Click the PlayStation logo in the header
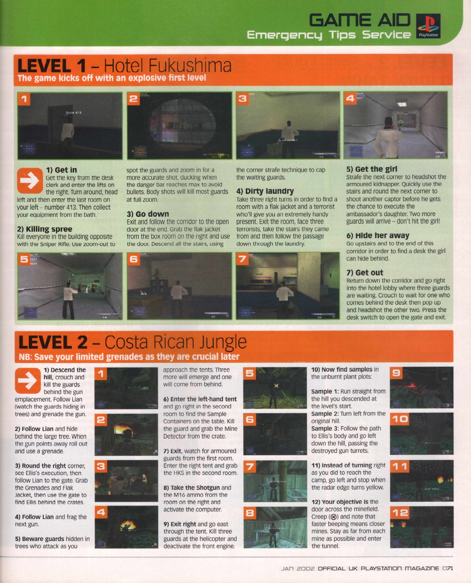(x=428, y=26)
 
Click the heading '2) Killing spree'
(x=45, y=229)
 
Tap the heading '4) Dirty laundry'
(x=265, y=191)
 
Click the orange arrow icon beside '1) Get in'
(x=30, y=181)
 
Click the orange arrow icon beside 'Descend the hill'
(x=28, y=381)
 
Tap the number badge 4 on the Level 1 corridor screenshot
(x=350, y=98)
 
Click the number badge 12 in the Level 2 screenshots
(x=400, y=513)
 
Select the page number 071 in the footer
(x=448, y=569)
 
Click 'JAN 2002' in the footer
(x=298, y=569)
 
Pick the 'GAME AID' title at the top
(x=360, y=20)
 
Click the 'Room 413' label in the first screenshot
(x=73, y=113)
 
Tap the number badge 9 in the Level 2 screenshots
(x=397, y=373)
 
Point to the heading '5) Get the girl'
(x=372, y=169)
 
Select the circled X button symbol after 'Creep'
(x=333, y=517)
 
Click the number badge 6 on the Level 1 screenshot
(x=133, y=259)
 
